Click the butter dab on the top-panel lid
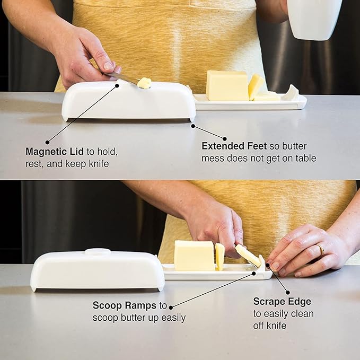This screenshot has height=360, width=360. pyautogui.click(x=144, y=83)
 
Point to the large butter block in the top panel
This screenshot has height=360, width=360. pyautogui.click(x=226, y=85)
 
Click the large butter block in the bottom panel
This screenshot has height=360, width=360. pyautogui.click(x=194, y=256)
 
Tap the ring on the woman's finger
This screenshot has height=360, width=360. pyautogui.click(x=321, y=249)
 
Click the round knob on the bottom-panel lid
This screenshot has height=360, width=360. pyautogui.click(x=98, y=252)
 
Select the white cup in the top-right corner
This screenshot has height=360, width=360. pyautogui.click(x=314, y=19)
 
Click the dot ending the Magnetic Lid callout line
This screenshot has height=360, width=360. pyautogui.click(x=48, y=142)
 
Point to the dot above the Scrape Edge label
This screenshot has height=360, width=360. pyautogui.click(x=288, y=292)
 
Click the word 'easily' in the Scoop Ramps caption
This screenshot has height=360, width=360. pyautogui.click(x=172, y=318)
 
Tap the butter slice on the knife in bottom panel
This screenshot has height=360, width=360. pyautogui.click(x=248, y=255)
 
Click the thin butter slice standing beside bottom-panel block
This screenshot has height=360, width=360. pyautogui.click(x=219, y=256)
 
